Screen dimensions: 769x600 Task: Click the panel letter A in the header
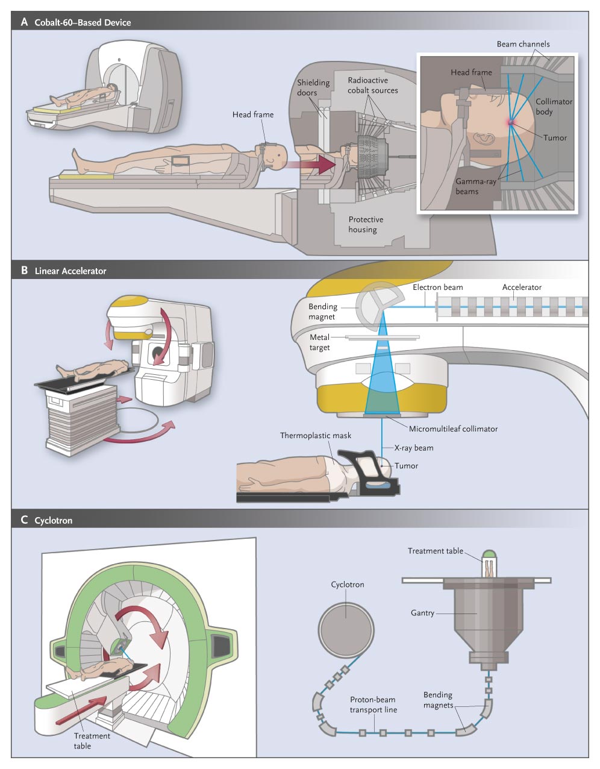point(24,22)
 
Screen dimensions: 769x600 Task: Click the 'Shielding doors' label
point(313,87)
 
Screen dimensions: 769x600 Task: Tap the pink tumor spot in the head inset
point(511,122)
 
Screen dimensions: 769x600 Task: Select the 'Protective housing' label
point(366,224)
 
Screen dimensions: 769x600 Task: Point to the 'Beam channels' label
point(523,44)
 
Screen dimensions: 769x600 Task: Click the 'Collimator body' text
point(554,107)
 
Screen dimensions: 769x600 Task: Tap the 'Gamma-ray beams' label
point(475,186)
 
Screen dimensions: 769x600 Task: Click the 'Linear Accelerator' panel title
point(70,271)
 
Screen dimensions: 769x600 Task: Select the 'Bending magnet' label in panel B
point(323,312)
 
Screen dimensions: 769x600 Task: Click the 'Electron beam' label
point(438,287)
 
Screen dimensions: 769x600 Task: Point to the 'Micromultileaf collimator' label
point(453,429)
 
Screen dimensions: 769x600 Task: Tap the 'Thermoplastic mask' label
point(315,435)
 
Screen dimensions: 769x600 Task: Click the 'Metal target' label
point(320,342)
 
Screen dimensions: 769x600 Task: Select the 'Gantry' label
point(422,613)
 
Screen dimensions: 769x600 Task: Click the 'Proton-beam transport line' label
point(373,705)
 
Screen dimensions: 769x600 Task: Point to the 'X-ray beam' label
point(413,448)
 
